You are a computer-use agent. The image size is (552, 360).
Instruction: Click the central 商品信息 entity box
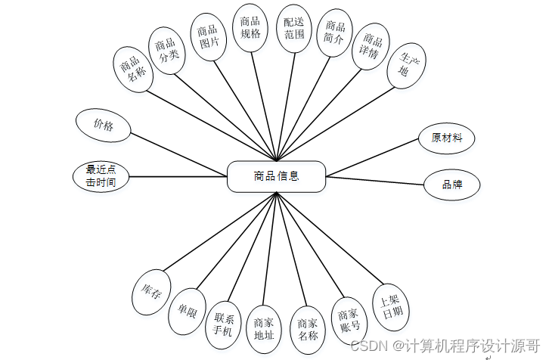(x=276, y=176)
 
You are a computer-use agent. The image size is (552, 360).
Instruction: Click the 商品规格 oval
(x=250, y=28)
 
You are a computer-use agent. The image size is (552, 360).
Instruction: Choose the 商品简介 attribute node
(x=335, y=33)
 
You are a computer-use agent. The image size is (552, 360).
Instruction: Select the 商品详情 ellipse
(x=371, y=45)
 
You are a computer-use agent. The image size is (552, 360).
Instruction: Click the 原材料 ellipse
(x=451, y=138)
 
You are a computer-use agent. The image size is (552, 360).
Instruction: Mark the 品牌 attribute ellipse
(x=451, y=185)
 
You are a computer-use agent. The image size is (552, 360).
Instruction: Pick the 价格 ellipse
(x=104, y=126)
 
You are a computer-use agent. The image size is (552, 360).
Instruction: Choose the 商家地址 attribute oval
(x=265, y=330)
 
